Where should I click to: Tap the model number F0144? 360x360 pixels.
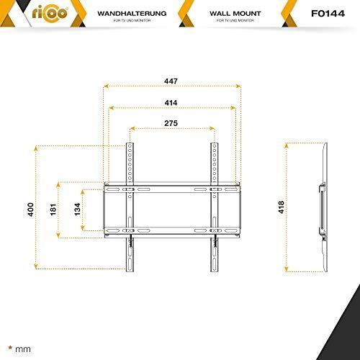(328, 14)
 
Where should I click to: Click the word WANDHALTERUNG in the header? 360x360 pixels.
(132, 14)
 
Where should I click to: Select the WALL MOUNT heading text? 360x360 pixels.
(235, 14)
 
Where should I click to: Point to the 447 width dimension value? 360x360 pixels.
(171, 81)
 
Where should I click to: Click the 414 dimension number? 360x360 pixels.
(171, 103)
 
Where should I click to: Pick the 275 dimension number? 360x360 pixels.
(171, 123)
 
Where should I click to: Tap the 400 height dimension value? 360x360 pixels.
(31, 210)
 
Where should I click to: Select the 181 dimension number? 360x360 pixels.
(53, 210)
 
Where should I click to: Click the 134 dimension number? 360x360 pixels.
(77, 210)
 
